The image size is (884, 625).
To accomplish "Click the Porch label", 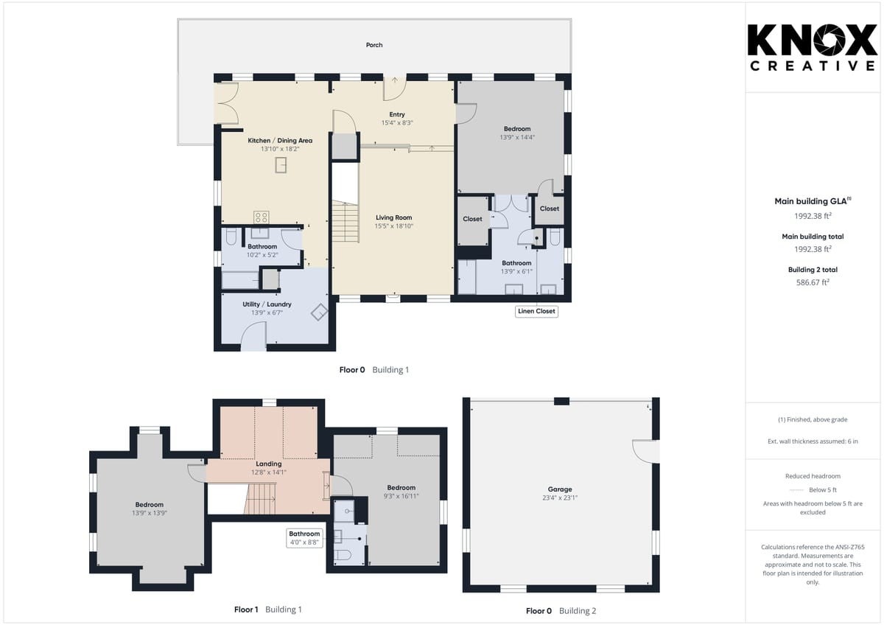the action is (374, 45).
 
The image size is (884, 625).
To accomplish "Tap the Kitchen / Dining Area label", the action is (280, 141).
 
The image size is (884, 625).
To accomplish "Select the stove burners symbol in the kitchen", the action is (262, 217).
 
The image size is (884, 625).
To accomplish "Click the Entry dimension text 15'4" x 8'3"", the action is (397, 123).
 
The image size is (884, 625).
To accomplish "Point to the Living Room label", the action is (394, 217).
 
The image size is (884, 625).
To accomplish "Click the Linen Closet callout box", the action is (536, 311).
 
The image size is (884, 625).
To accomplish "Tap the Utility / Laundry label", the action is (267, 304).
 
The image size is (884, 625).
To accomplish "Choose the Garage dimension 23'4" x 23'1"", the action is (560, 498).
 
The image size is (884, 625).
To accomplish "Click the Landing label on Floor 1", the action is (269, 464).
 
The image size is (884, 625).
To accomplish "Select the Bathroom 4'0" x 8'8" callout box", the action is (304, 538).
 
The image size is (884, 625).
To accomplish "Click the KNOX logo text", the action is (812, 40).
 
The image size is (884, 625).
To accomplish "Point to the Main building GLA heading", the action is (813, 201).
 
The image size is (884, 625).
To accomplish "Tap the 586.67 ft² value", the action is (813, 282).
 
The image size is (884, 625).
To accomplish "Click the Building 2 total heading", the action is (813, 270).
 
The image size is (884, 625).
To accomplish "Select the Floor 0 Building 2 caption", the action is (561, 611).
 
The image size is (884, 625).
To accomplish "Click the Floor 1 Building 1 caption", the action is (268, 610).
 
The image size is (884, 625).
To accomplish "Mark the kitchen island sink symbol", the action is (281, 165).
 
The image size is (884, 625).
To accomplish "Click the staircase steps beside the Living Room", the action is (345, 221).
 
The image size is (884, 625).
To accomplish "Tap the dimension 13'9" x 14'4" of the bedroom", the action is (517, 137).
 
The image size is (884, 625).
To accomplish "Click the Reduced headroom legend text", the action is (813, 476).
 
